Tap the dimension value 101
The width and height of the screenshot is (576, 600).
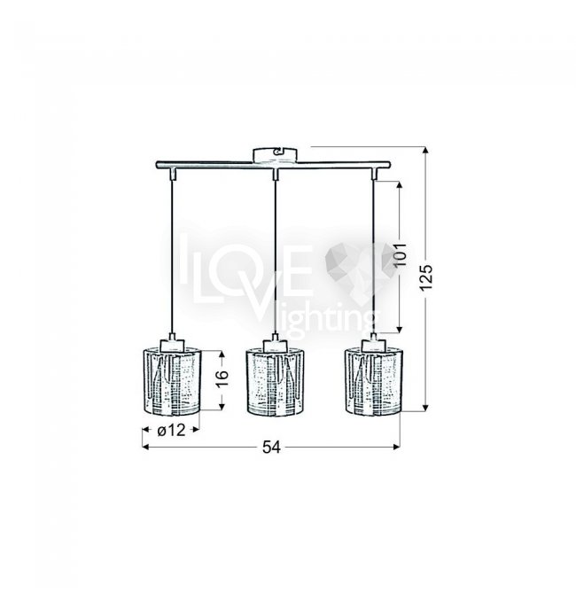pyautogui.click(x=400, y=254)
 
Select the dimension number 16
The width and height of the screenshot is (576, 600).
pyautogui.click(x=222, y=378)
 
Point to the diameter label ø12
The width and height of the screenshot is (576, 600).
pyautogui.click(x=171, y=430)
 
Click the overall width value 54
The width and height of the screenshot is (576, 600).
pyautogui.click(x=271, y=447)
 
